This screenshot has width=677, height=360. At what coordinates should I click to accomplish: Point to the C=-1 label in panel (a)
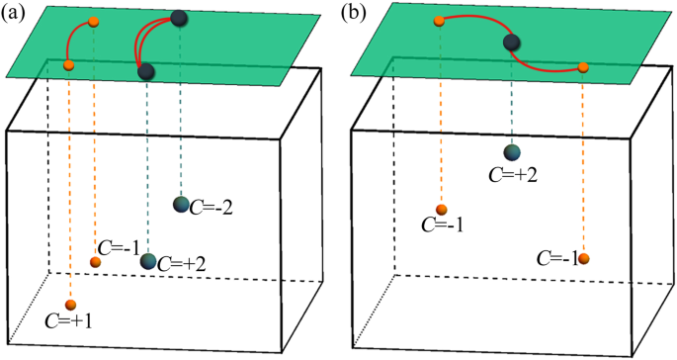click(117, 247)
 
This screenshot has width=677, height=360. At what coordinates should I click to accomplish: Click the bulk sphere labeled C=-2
click(181, 204)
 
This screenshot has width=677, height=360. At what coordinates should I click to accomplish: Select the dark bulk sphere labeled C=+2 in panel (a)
click(148, 261)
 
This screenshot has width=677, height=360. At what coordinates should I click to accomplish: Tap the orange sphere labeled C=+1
click(69, 305)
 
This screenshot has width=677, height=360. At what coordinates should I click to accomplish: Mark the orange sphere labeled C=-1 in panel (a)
click(95, 262)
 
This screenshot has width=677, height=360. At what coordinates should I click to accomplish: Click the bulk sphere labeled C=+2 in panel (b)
click(512, 152)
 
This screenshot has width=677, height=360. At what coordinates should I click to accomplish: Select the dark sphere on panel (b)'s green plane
click(512, 43)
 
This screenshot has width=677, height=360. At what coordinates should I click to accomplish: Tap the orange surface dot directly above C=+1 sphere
click(69, 65)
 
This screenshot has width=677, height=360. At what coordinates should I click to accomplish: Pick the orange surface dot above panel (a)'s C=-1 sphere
click(94, 22)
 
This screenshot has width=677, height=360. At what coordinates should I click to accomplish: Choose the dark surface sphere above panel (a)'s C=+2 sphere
click(146, 71)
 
